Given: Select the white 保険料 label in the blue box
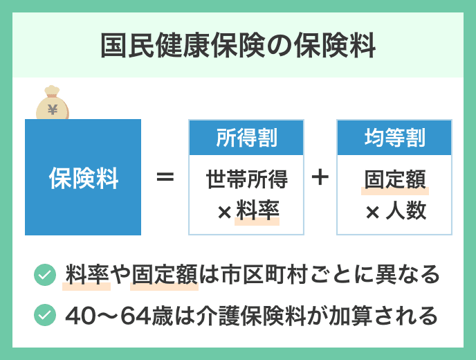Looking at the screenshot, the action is (x=83, y=179).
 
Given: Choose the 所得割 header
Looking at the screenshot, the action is (x=246, y=138).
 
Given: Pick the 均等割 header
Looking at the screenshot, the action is (x=394, y=138).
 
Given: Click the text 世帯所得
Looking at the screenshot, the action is (x=246, y=179).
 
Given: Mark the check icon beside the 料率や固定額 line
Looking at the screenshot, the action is (x=45, y=275).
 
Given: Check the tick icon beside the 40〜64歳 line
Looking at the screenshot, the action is (x=45, y=315).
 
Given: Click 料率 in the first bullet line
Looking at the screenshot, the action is (x=87, y=275).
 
